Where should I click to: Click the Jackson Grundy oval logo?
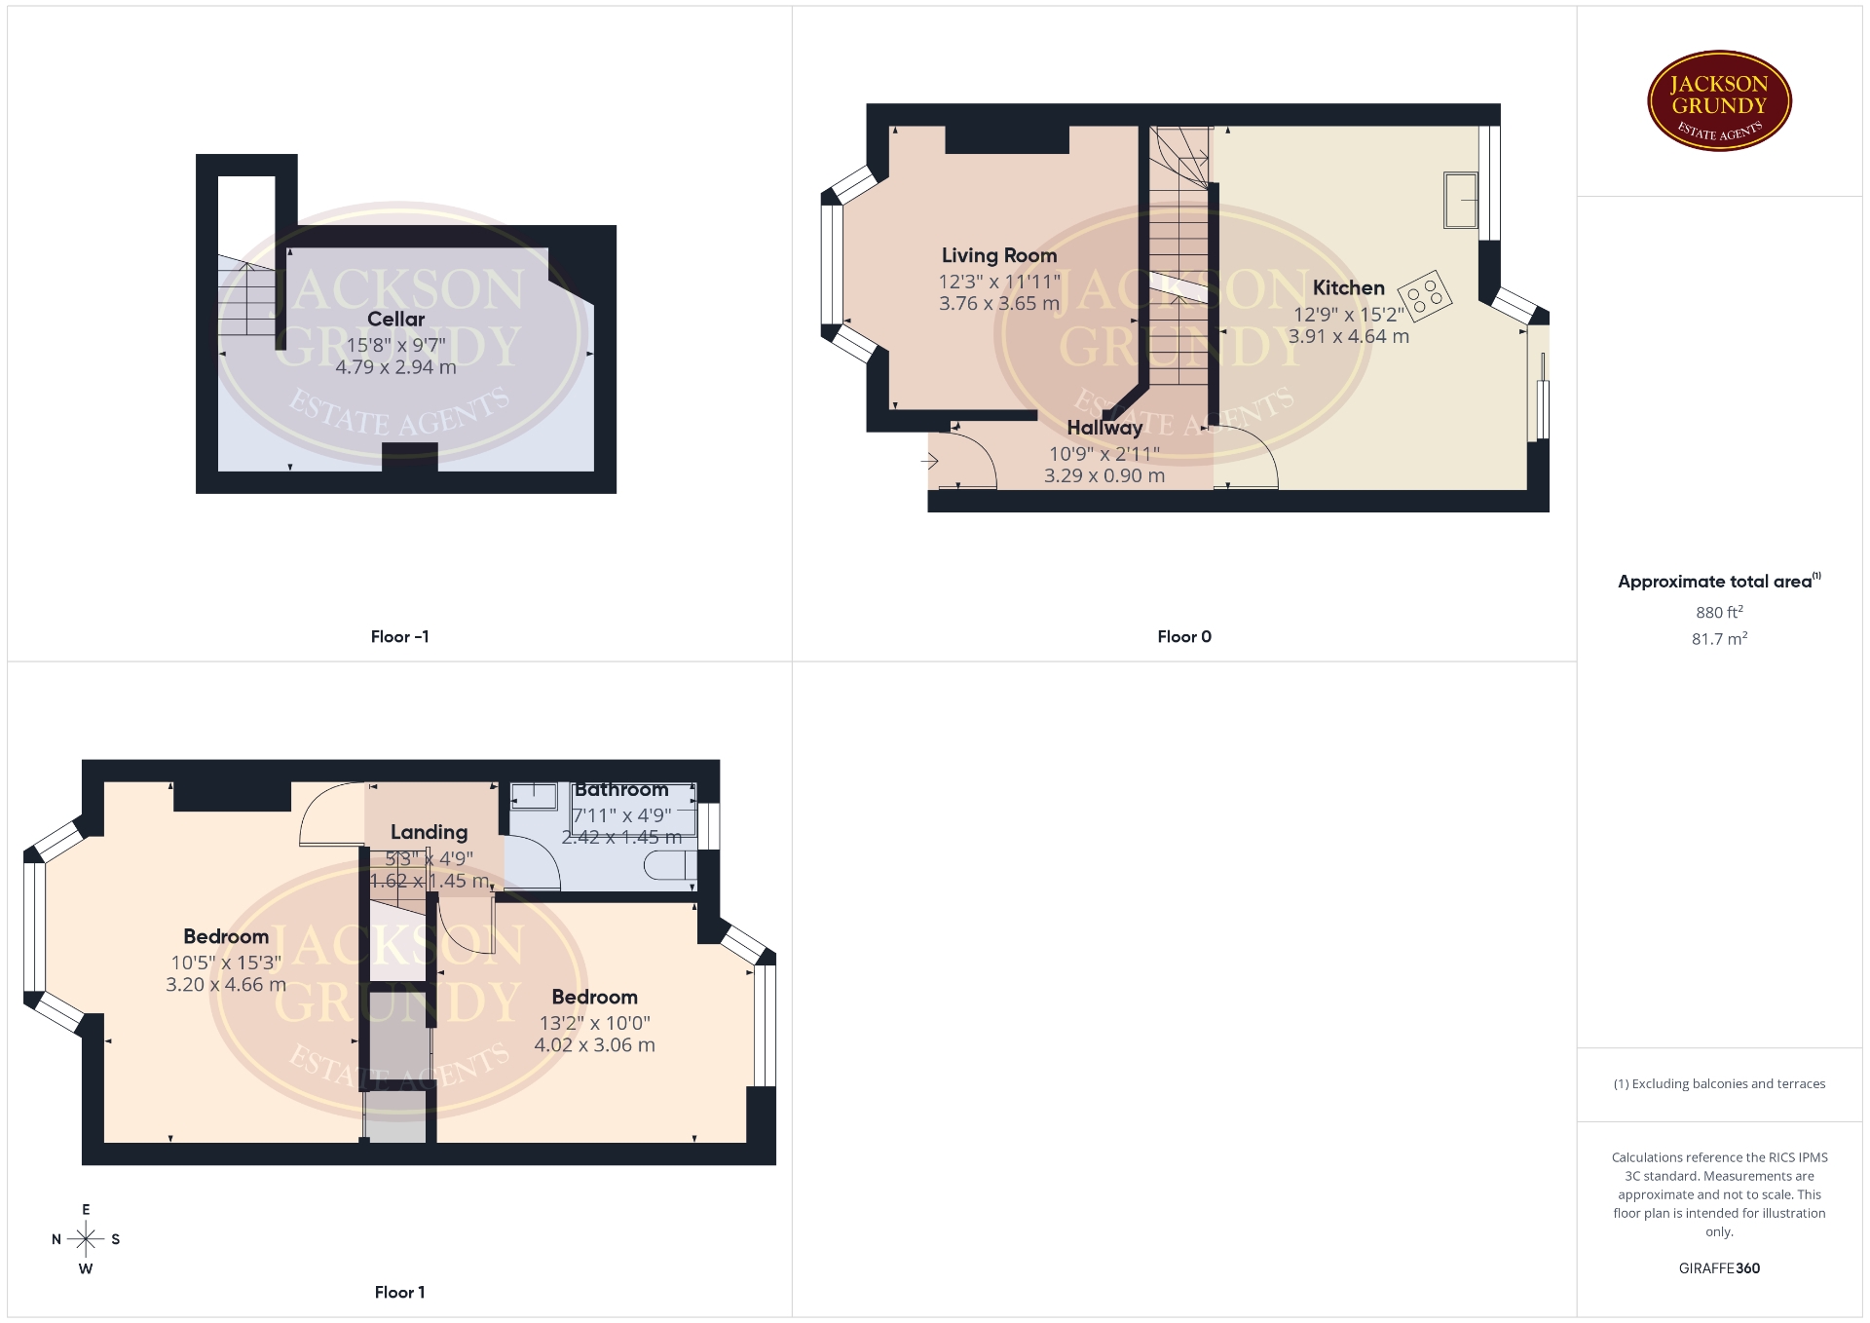tap(1719, 101)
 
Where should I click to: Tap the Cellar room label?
tap(395, 319)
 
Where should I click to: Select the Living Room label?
tap(999, 255)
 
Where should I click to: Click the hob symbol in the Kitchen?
tap(1424, 295)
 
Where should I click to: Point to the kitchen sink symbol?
tap(1461, 200)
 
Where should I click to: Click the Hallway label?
tap(1104, 428)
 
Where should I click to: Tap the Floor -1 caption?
tap(399, 636)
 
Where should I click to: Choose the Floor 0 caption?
tap(1184, 636)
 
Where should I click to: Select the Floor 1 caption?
tap(399, 1292)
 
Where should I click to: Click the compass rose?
tap(86, 1239)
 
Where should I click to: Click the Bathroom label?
tap(621, 789)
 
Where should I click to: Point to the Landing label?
tap(429, 832)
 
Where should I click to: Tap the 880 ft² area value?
tap(1719, 612)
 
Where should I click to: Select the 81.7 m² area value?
tap(1719, 638)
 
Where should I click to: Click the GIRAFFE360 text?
tap(1719, 1267)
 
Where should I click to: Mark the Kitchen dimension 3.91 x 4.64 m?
tap(1349, 336)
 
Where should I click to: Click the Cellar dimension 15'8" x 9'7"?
tap(395, 345)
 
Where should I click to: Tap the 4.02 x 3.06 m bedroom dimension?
tap(594, 1045)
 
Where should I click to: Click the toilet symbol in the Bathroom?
tap(672, 865)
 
